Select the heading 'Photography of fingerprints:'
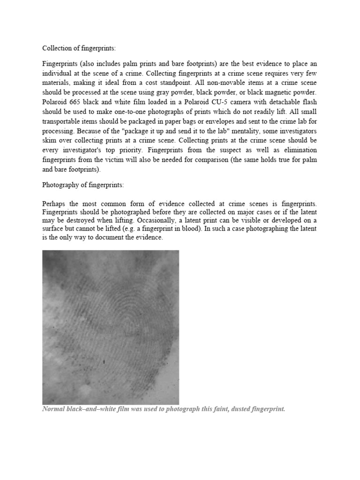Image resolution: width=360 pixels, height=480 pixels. (83, 185)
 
